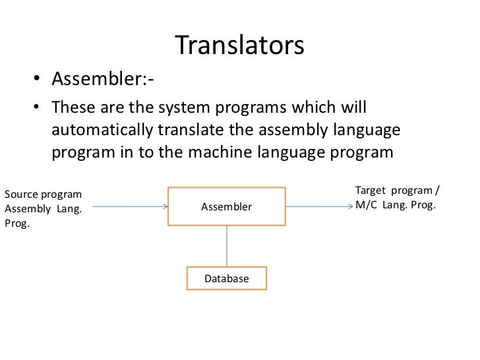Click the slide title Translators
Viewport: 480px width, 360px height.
tap(239, 45)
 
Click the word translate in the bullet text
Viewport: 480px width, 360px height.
tap(187, 130)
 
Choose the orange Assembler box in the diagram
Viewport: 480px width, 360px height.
tap(227, 206)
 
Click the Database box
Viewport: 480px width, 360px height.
tap(227, 278)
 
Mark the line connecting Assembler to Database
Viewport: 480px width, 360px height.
tap(227, 246)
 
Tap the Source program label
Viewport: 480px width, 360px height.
tap(44, 195)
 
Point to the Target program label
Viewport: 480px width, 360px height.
tap(397, 191)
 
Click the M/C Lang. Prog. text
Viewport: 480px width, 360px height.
tap(396, 205)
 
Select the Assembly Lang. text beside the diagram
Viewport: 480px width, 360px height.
tap(43, 210)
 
